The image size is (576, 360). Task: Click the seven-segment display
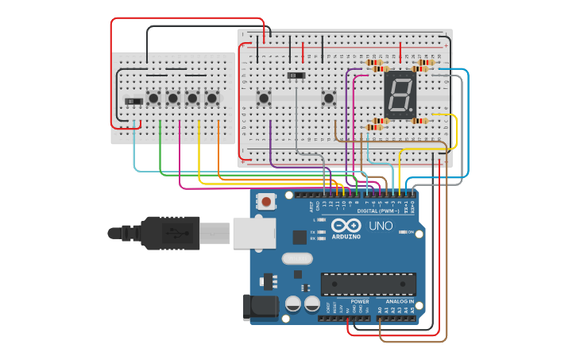tap(400, 95)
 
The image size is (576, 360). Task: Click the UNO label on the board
tap(381, 226)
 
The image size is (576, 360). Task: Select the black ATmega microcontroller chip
tap(368, 284)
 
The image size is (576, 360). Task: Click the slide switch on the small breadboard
tap(133, 101)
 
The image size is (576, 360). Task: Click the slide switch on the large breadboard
tap(296, 75)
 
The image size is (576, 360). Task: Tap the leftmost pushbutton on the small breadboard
tap(153, 99)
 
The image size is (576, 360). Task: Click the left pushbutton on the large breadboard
tap(264, 99)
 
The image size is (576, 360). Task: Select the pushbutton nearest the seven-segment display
tap(328, 99)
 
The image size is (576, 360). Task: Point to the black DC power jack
tap(263, 308)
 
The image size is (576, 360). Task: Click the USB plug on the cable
tap(171, 233)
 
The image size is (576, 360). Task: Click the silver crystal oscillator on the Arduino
tap(297, 257)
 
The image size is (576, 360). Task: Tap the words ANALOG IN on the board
tap(400, 301)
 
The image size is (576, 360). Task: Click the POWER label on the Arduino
tap(359, 301)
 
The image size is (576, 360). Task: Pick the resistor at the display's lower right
tap(419, 121)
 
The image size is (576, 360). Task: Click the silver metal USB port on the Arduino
tap(254, 232)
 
